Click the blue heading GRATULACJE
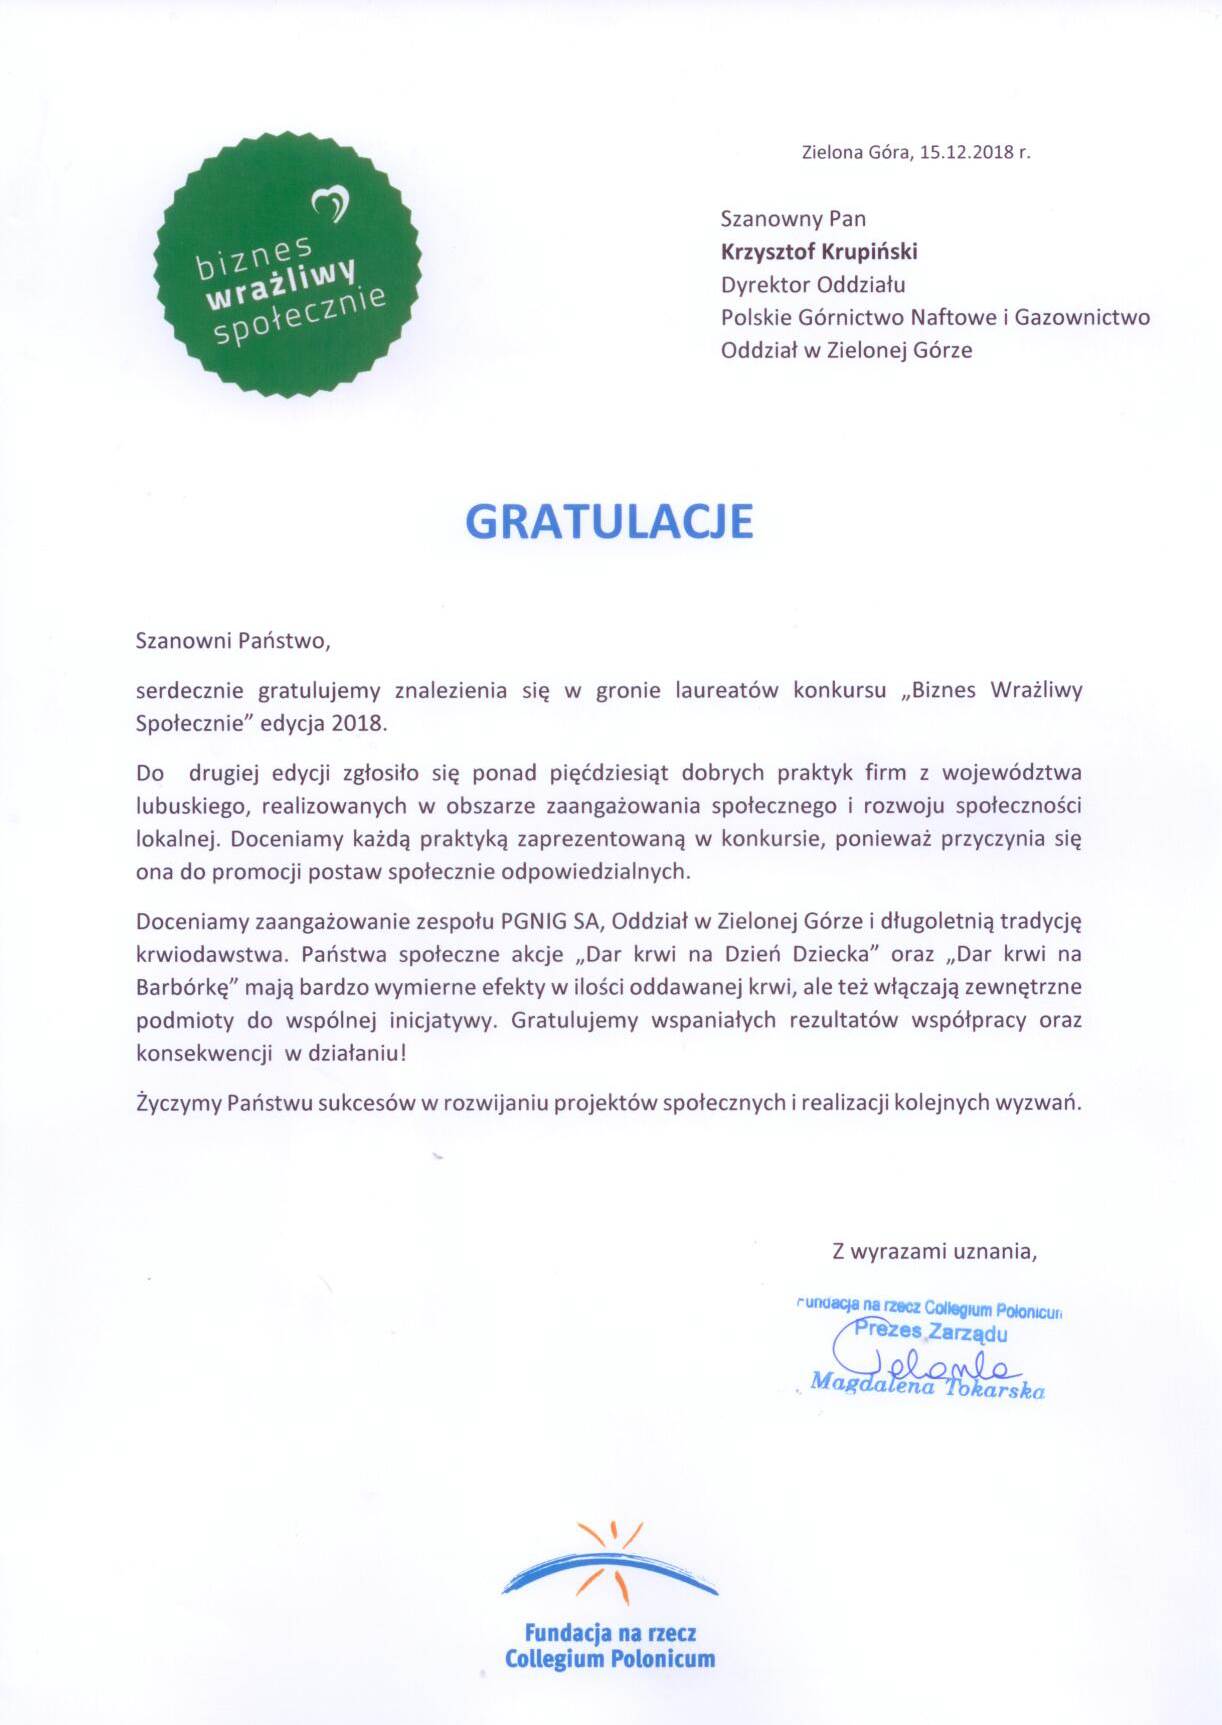[609, 521]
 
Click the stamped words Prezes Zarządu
[931, 1332]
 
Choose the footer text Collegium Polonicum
[610, 1659]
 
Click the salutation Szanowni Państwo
[233, 641]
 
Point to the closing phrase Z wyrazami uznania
[934, 1250]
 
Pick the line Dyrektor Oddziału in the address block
[813, 284]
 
